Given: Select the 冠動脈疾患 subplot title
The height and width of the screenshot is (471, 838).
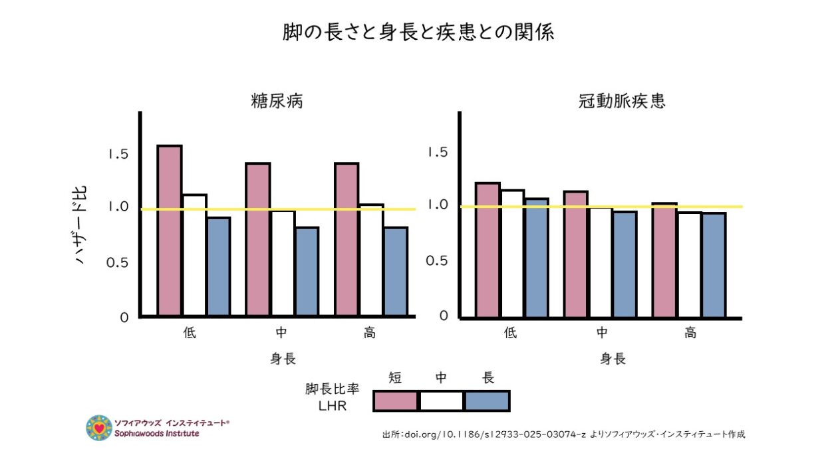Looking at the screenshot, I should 623,102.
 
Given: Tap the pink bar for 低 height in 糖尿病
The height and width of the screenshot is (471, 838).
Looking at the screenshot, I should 170,231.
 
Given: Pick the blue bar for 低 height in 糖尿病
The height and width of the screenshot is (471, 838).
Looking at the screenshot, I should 218,266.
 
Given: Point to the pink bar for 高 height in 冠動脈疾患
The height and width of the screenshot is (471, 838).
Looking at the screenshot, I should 664,260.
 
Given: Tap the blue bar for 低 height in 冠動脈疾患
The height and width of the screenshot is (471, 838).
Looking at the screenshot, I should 536,258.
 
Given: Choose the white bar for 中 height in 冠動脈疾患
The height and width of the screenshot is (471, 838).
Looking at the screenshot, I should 601,262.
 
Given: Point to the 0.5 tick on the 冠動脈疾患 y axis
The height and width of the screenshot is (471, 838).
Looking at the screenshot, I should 437,260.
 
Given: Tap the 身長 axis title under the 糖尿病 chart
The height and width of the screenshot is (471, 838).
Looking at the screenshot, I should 283,359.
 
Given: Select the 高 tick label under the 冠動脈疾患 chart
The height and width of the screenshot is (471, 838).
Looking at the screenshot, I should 690,333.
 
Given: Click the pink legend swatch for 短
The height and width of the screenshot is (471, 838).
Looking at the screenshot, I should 396,401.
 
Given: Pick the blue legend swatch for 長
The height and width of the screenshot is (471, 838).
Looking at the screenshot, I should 487,401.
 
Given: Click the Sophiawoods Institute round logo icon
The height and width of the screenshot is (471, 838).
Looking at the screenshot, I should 98,428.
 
